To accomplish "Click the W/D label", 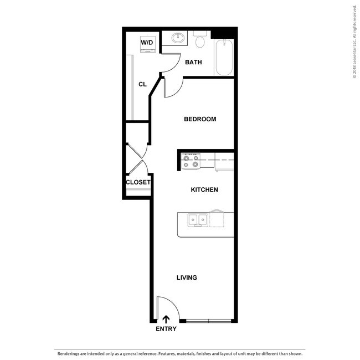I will [x=147, y=42].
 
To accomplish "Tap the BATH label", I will [x=193, y=63].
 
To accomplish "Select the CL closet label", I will [x=142, y=84].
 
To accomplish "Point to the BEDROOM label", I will [x=200, y=119].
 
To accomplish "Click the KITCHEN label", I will [x=204, y=190].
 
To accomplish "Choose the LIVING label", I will [x=187, y=277].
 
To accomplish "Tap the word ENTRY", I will [x=166, y=329].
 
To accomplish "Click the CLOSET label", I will [x=138, y=182].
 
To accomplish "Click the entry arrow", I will [x=166, y=319].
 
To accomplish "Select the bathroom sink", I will [x=178, y=38].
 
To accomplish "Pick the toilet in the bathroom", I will [x=200, y=40].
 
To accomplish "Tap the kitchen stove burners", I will [x=191, y=161].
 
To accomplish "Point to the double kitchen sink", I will [x=198, y=220].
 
